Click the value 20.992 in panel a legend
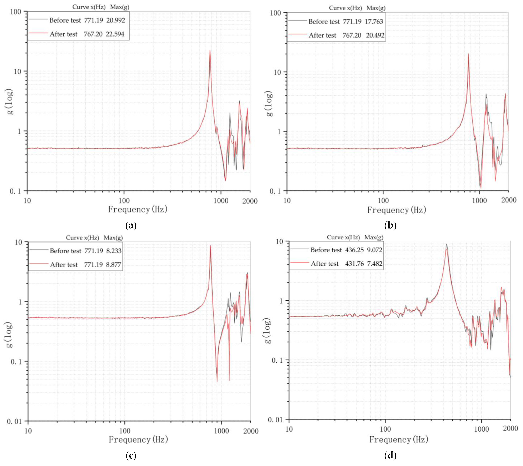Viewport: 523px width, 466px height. pos(116,20)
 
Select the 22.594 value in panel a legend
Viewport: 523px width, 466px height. pos(115,34)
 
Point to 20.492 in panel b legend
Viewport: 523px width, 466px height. pos(375,35)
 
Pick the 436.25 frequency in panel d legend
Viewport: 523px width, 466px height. pos(354,250)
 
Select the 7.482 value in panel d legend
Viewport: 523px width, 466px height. pos(375,264)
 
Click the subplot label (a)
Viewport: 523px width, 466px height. pos(131,226)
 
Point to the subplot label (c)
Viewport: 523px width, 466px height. pos(131,456)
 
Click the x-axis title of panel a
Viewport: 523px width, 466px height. pos(138,209)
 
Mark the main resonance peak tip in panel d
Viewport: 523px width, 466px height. pos(446,245)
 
